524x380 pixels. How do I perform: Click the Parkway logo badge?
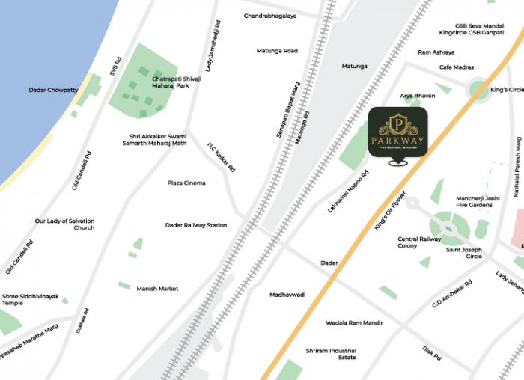coord(397,132)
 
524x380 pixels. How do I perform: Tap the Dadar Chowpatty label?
coord(53,90)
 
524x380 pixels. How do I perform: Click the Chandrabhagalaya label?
coord(269,16)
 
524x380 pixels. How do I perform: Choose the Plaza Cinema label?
coord(186,183)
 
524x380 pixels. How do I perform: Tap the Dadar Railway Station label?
coord(196,225)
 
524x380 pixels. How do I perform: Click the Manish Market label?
coord(157,288)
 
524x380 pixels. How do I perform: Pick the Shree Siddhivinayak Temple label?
coord(22,299)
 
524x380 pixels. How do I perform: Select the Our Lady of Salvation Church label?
coord(64,224)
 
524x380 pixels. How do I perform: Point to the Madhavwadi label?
coord(287,295)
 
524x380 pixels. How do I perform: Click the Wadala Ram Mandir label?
coord(354,322)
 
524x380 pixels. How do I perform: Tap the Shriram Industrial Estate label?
coord(331,354)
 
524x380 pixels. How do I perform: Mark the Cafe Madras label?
coord(457,67)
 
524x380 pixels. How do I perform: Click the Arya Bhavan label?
coord(417,96)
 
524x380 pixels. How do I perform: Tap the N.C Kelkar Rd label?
coord(222,156)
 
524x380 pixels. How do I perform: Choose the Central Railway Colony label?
coord(418,242)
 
